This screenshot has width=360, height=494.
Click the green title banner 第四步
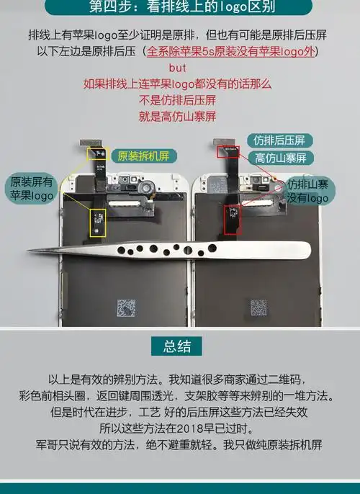[180, 8]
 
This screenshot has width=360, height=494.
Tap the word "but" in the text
[178, 68]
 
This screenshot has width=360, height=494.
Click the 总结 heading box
[177, 346]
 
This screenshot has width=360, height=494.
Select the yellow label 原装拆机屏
[143, 156]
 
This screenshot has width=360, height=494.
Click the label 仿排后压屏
[279, 140]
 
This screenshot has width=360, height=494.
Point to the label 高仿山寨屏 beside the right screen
[280, 158]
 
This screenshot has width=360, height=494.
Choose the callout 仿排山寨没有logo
[308, 191]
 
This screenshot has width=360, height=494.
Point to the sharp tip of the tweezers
[29, 251]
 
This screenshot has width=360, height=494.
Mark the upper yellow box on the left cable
[96, 156]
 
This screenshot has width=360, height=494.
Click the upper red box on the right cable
[229, 151]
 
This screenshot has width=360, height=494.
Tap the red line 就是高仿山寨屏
[178, 115]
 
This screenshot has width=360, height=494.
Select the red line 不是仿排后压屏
[178, 99]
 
